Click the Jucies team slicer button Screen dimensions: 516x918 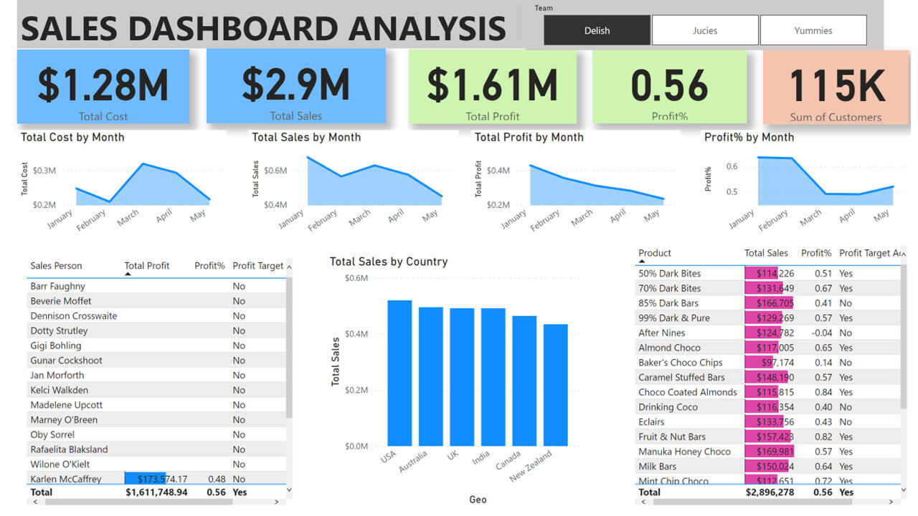[705, 31]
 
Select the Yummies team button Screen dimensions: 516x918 [813, 31]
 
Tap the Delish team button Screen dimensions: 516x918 [597, 31]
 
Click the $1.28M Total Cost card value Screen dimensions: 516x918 [103, 84]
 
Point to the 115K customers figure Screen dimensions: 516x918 [836, 85]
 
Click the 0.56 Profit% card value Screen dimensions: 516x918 [669, 85]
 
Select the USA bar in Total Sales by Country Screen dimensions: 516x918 [399, 373]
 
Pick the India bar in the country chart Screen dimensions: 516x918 [493, 377]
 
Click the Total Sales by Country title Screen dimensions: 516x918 [389, 262]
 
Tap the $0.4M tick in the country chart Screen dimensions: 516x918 [356, 334]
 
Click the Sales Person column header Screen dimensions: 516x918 [56, 266]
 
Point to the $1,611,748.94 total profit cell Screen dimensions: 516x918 [156, 492]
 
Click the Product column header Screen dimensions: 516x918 [655, 253]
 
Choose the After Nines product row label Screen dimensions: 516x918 [661, 333]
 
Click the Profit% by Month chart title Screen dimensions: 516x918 [749, 138]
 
